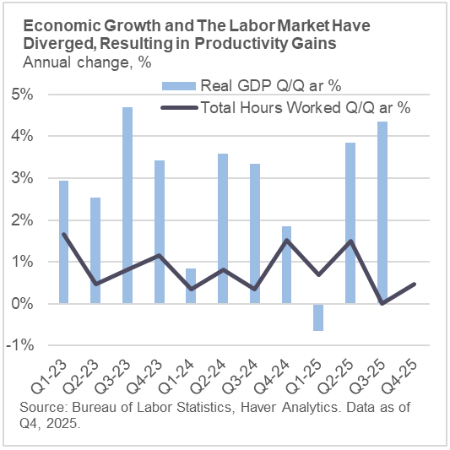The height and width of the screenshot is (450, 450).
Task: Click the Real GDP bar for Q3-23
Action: (127, 205)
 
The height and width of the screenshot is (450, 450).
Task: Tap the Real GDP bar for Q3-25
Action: (382, 213)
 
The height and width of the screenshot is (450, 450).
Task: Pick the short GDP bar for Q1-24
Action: (192, 285)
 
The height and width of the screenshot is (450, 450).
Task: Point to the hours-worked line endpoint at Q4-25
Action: (414, 284)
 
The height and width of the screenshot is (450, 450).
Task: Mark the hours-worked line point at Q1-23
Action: (64, 234)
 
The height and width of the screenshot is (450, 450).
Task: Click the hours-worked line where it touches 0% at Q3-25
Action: (382, 303)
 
